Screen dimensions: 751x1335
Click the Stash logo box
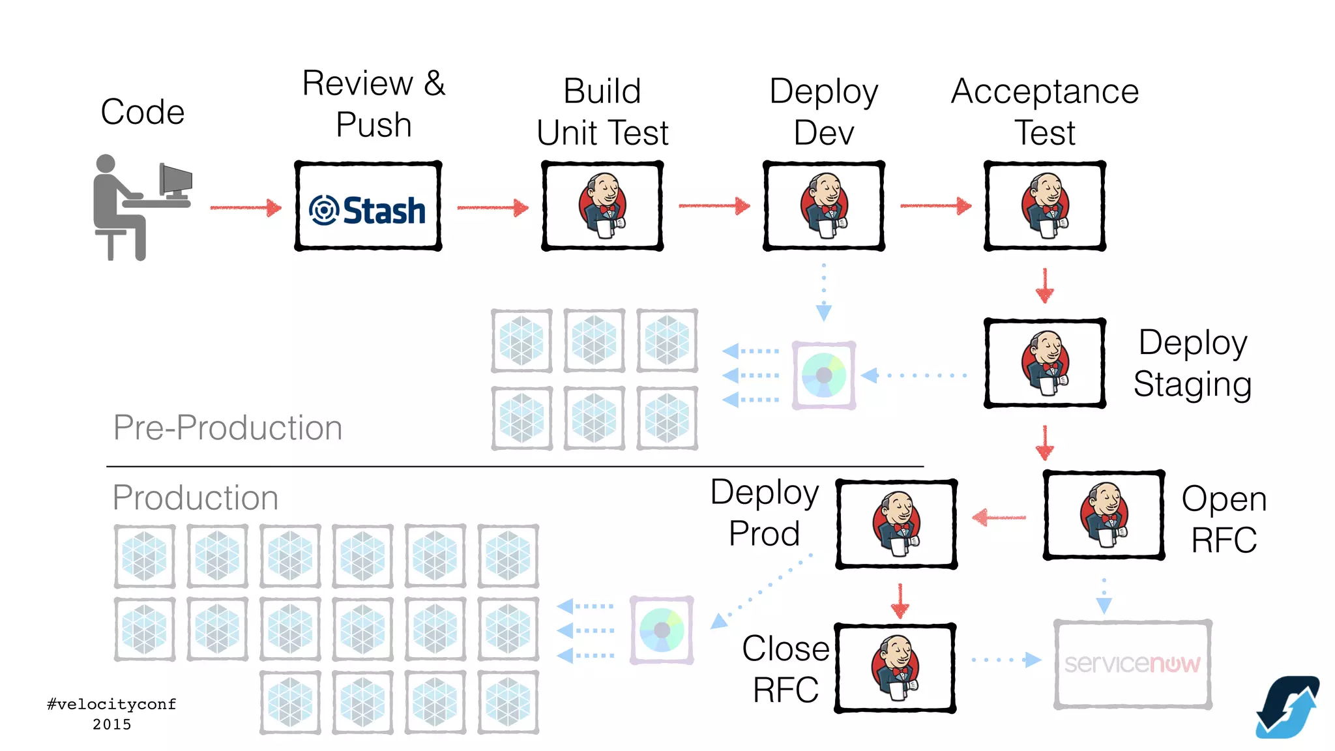click(368, 207)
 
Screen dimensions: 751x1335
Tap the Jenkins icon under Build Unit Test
click(602, 205)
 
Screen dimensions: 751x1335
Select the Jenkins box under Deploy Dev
click(824, 206)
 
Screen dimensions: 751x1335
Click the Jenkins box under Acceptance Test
click(1044, 206)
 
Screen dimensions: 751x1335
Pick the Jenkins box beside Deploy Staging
click(1044, 363)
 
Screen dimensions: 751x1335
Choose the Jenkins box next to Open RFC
click(1104, 515)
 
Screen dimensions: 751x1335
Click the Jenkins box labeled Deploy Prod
click(896, 524)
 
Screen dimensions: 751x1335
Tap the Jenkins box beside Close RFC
click(895, 668)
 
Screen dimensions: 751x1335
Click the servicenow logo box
click(1132, 664)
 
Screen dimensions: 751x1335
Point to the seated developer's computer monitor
click(176, 180)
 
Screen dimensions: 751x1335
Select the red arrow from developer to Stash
click(246, 208)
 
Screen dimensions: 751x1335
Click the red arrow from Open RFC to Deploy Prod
click(999, 518)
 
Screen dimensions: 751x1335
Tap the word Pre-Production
click(227, 428)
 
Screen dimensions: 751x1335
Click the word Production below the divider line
click(195, 497)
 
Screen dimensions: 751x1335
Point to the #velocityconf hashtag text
click(111, 704)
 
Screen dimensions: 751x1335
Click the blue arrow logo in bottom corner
click(1287, 707)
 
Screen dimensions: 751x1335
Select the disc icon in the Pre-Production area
click(824, 375)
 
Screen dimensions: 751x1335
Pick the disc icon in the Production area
click(662, 630)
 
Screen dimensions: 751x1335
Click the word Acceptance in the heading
click(1044, 91)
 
